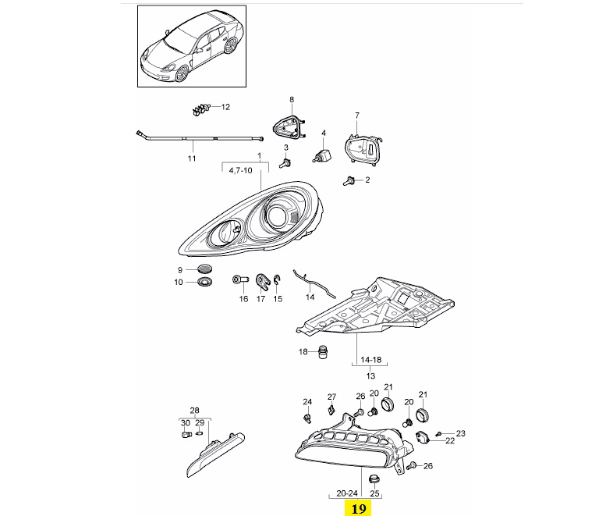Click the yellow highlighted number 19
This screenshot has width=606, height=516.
pos(359,508)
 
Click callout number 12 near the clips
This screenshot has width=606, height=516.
pos(226,107)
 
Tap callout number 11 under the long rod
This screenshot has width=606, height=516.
pos(191,158)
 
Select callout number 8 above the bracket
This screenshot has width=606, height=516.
pos(292,99)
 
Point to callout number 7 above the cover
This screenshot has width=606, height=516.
pos(357,116)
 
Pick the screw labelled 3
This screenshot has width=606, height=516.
pos(287,162)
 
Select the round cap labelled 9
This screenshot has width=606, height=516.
pos(206,270)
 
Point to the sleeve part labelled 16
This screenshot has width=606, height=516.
pos(239,279)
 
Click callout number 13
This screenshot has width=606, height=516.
pos(370,375)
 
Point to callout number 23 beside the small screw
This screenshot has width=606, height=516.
pos(460,433)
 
